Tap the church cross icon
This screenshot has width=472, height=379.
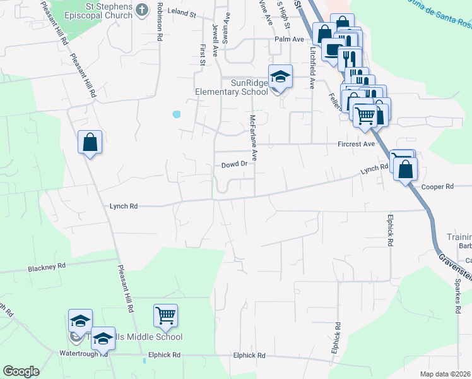click(141, 9)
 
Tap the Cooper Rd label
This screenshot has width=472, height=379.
click(437, 187)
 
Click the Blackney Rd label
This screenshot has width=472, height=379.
click(47, 267)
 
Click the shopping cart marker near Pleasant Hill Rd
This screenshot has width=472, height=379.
click(165, 315)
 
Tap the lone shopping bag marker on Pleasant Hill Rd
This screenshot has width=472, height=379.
click(90, 141)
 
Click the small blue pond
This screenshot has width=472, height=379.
click(176, 115)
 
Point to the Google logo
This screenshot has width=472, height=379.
click(21, 371)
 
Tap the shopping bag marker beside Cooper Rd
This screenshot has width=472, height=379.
click(406, 169)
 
